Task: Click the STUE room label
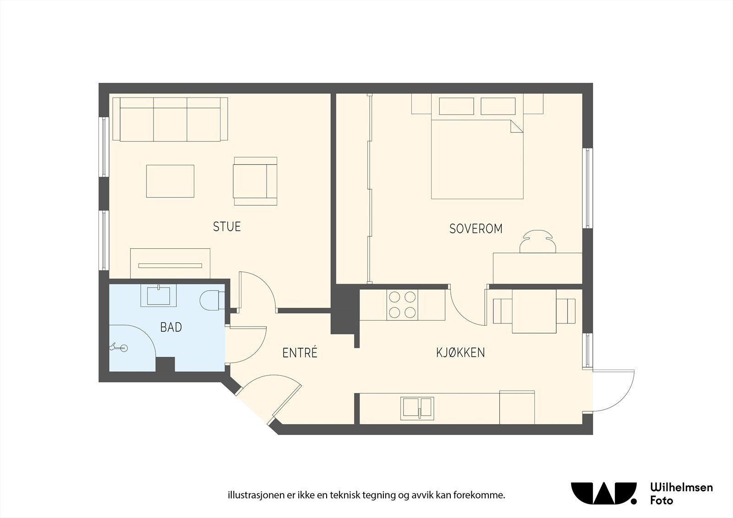(227, 226)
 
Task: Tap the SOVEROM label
(476, 229)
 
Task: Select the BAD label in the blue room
(171, 327)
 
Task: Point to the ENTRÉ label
(300, 352)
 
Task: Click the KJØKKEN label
(460, 352)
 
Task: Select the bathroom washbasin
(159, 295)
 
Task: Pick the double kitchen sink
(417, 409)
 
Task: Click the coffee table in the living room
(170, 181)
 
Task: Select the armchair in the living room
(255, 181)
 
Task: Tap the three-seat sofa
(170, 120)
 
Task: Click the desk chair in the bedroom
(538, 241)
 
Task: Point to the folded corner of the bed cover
(517, 126)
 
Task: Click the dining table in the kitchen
(534, 311)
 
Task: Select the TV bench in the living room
(170, 263)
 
